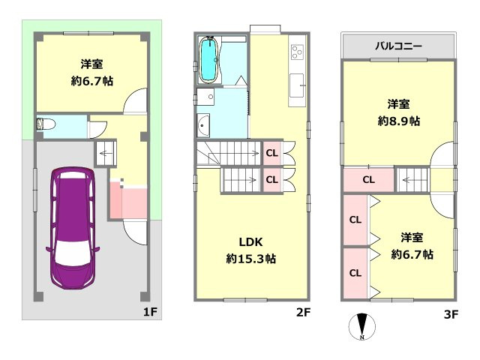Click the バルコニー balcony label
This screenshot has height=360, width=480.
398,46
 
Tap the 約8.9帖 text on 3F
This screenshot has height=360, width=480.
398,120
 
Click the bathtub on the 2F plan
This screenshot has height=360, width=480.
208,59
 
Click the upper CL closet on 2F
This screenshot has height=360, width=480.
271,153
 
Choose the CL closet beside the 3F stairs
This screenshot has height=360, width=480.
368,179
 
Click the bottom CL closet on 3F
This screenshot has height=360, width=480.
355,272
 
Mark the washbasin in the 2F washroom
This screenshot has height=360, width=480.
204,124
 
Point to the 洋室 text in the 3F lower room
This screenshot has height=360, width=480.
412,238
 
